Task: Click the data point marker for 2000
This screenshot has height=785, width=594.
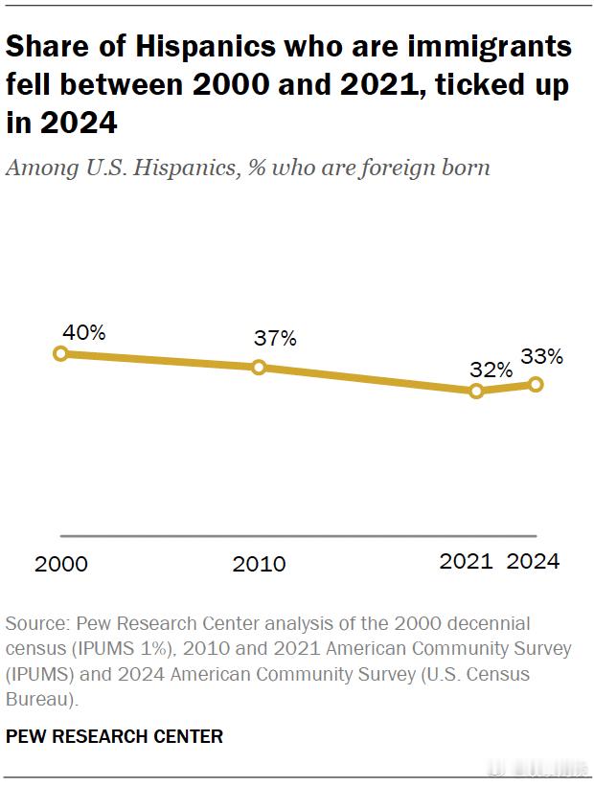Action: point(60,353)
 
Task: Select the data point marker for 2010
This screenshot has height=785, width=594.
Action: point(259,367)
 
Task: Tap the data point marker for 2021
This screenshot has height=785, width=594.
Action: point(476,391)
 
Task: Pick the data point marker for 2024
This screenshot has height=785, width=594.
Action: point(536,384)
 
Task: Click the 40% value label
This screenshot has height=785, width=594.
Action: point(83,332)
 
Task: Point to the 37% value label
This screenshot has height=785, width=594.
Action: point(275,338)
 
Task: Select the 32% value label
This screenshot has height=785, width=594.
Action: point(491,370)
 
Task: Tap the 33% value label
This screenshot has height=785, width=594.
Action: point(541,357)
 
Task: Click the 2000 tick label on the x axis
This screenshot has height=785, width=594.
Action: point(61,564)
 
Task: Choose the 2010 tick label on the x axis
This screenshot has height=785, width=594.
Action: point(259,564)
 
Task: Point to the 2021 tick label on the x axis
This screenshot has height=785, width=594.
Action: point(466,562)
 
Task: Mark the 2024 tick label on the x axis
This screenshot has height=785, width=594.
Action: point(533,562)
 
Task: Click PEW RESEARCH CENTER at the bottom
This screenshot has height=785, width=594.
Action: point(114,736)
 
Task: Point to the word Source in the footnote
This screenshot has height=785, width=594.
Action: point(35,623)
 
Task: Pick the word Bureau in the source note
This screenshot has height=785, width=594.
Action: point(37,700)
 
